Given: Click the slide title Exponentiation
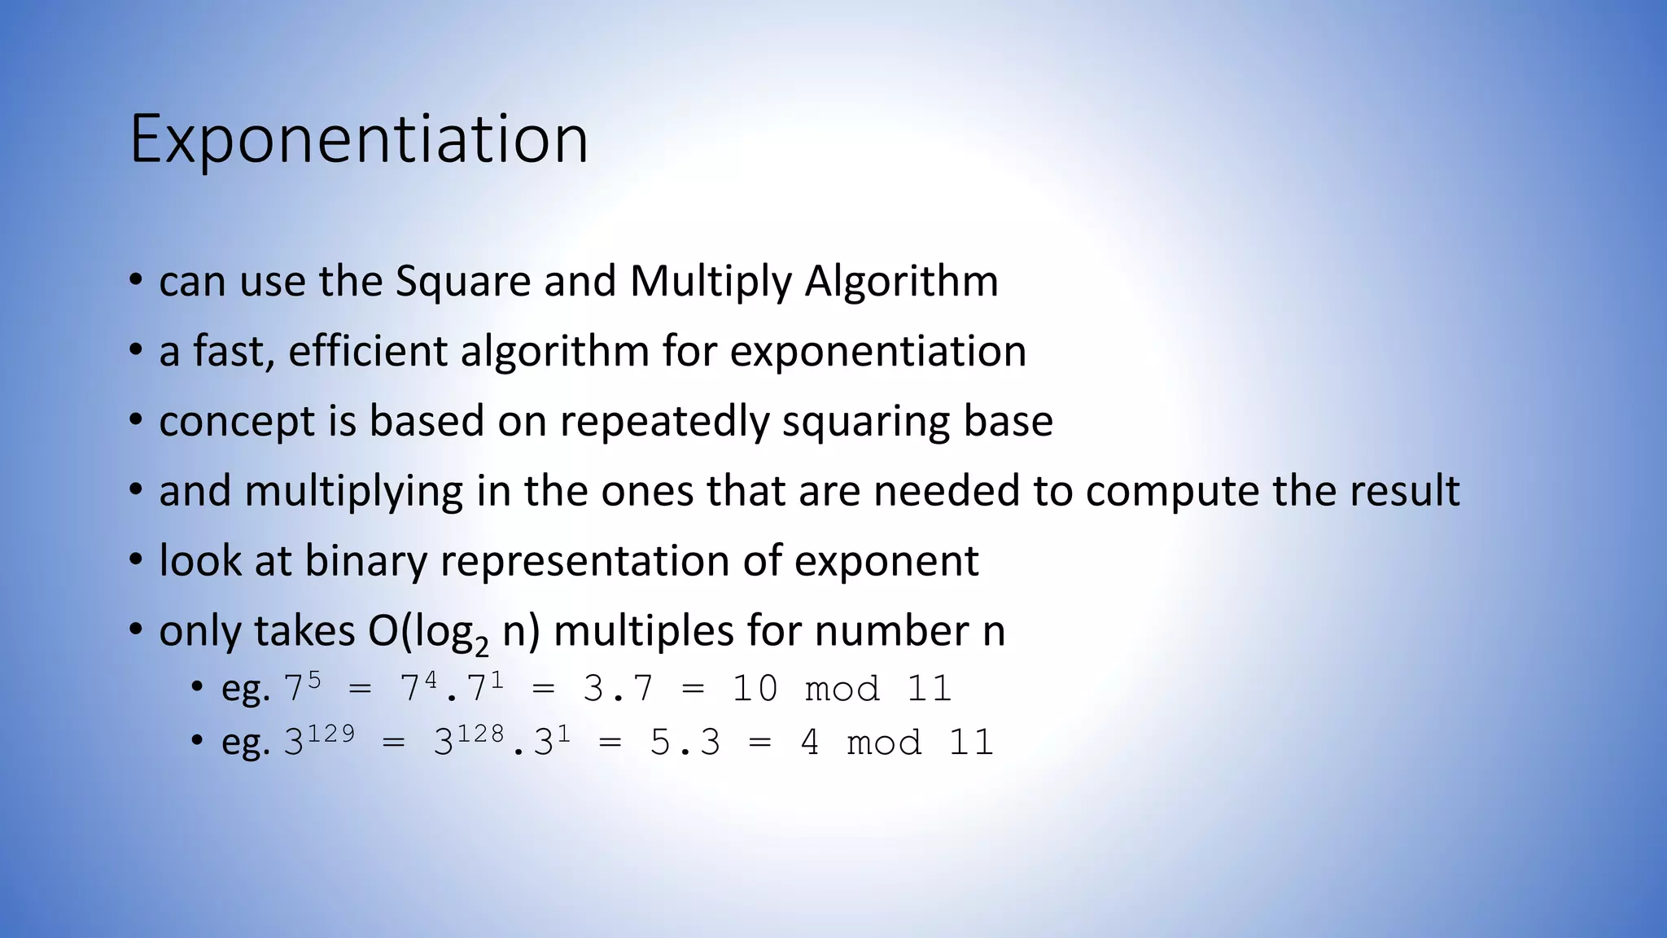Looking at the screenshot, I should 358,139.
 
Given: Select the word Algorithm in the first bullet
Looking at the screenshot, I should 901,282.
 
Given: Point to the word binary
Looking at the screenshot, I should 365,562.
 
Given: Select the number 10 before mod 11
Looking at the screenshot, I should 755,689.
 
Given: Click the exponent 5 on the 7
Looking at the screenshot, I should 313,679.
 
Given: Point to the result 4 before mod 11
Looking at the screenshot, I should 809,743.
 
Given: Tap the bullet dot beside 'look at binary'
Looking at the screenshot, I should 136,561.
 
